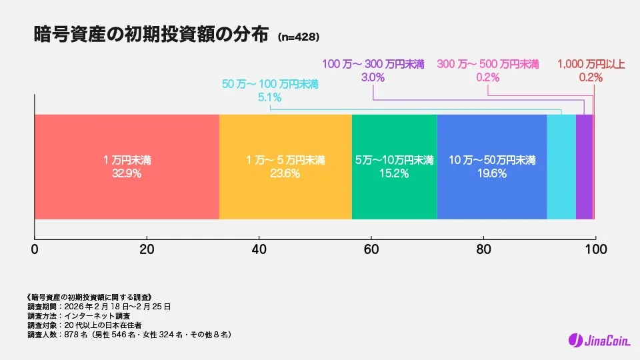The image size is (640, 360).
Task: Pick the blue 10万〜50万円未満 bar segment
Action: (x=491, y=133)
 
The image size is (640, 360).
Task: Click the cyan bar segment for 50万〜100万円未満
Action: (x=561, y=167)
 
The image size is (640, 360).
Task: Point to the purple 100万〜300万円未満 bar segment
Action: (x=584, y=167)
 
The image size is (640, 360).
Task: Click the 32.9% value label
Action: (x=127, y=173)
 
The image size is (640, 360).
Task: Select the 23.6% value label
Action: (x=285, y=173)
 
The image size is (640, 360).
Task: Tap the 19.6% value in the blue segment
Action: (x=492, y=173)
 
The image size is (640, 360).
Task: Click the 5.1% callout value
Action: (x=270, y=97)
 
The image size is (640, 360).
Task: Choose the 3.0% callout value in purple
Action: (x=373, y=77)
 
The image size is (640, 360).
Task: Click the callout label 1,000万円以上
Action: (x=591, y=65)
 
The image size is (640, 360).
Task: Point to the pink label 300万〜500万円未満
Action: (x=488, y=65)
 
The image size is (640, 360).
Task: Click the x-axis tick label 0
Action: (x=35, y=250)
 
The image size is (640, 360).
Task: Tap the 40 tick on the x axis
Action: (x=259, y=250)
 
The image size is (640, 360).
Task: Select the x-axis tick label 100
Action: (x=595, y=250)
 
